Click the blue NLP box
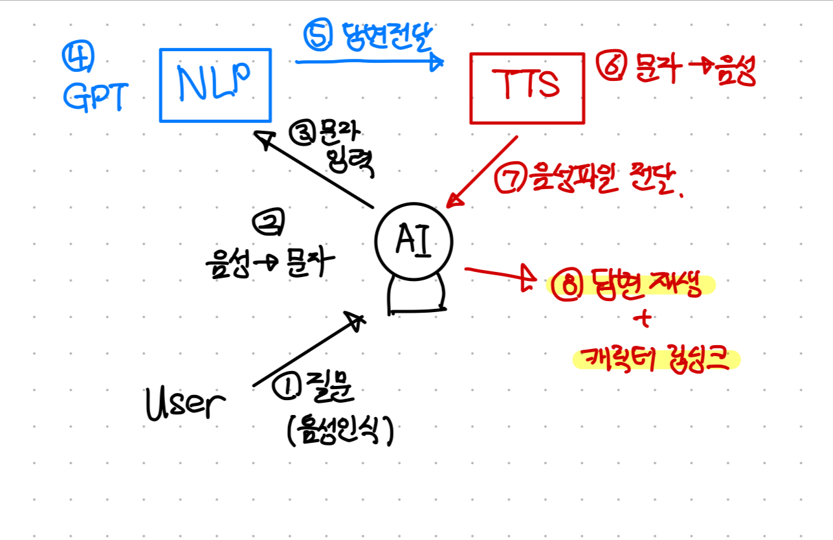coord(215,85)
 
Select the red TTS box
coord(528,87)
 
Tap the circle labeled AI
coord(414,241)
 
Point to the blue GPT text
coord(94,97)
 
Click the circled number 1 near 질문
coord(285,388)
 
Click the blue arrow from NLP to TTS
coord(369,62)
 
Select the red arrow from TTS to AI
coord(482,171)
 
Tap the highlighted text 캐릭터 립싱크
coord(655,359)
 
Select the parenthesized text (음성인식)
coord(339,431)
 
